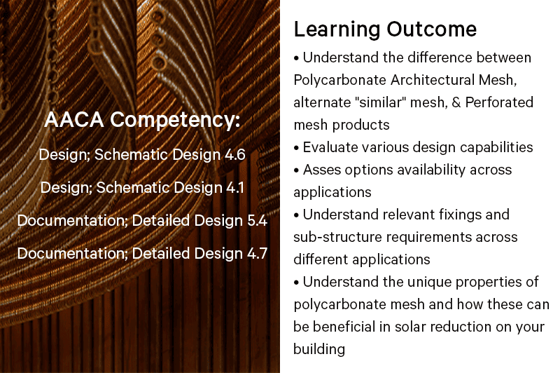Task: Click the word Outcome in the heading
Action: coord(432,29)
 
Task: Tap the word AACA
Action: coord(74,119)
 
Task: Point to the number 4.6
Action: coord(235,154)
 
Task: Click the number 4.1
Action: coord(234,187)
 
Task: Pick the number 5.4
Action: coord(257,220)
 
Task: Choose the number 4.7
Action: coord(257,253)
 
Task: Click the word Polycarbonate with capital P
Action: coord(339,81)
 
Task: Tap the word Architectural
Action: coord(433,80)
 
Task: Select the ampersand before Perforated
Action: coord(456,102)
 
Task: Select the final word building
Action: coord(319,349)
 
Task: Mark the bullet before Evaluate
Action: coord(296,148)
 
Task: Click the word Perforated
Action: coord(499,102)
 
